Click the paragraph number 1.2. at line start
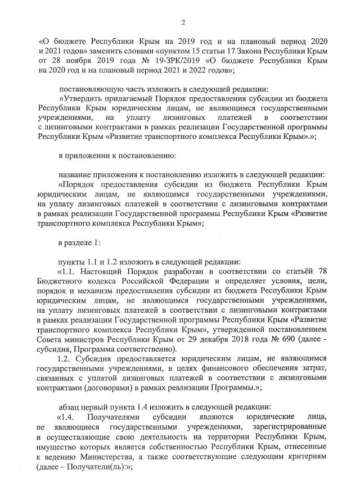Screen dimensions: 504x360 (68, 358)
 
